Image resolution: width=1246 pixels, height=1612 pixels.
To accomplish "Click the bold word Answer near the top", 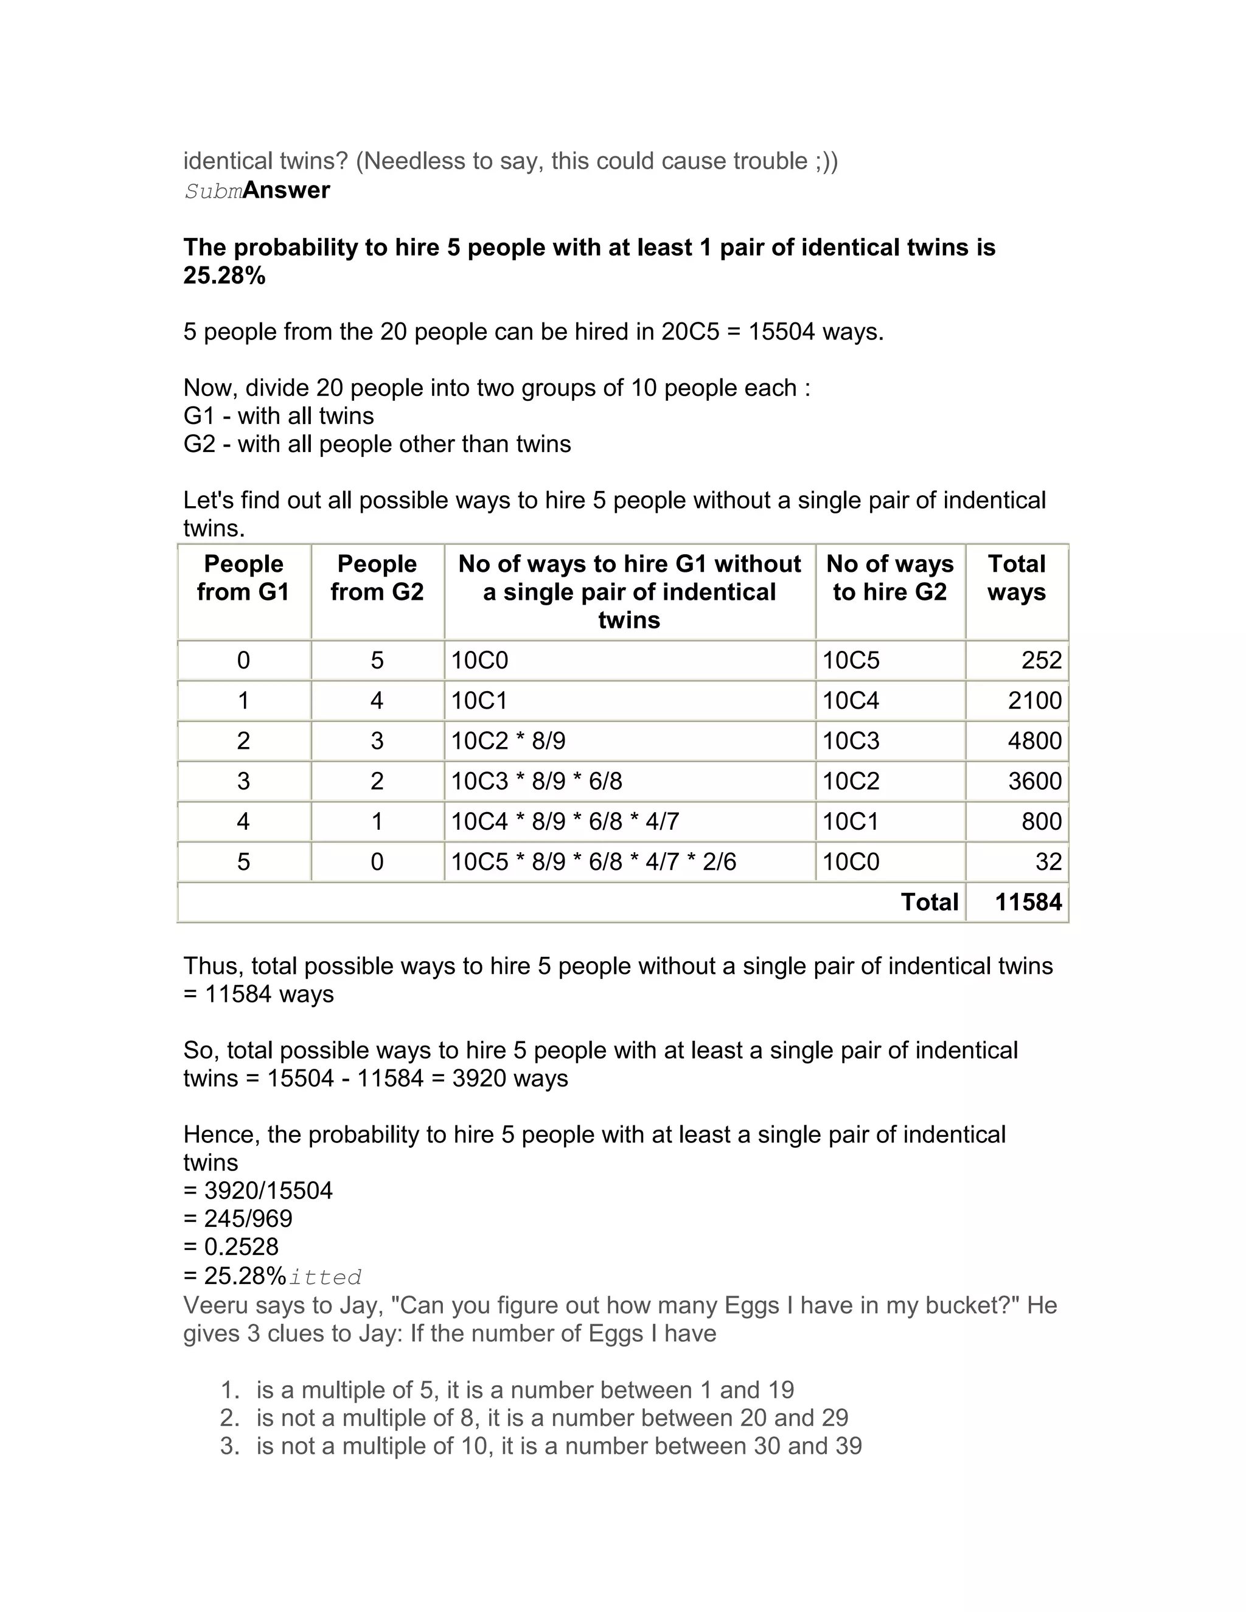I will coord(287,190).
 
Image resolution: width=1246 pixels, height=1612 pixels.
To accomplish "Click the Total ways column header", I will coord(1017,578).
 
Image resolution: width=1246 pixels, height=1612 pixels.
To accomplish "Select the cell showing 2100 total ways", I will coord(1034,700).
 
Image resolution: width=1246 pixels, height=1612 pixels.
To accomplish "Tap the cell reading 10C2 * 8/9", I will coord(509,741).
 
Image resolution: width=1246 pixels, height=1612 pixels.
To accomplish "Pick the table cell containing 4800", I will coord(1034,741).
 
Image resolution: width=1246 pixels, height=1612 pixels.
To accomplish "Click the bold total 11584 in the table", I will coord(1028,902).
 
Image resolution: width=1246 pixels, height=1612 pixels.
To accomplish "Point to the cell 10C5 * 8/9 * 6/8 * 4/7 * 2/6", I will coord(593,862).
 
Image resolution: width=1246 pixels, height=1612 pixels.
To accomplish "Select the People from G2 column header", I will coord(377,578).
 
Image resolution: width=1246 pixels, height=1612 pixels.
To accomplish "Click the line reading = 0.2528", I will coord(231,1246).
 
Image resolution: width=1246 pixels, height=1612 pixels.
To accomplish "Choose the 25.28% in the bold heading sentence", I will coord(224,276).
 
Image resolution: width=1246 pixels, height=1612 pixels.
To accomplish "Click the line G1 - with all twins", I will coord(278,416).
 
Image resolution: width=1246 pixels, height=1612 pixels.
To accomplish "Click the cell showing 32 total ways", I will coord(1048,862).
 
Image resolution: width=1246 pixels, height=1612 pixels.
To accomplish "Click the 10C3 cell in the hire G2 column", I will coord(851,741).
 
